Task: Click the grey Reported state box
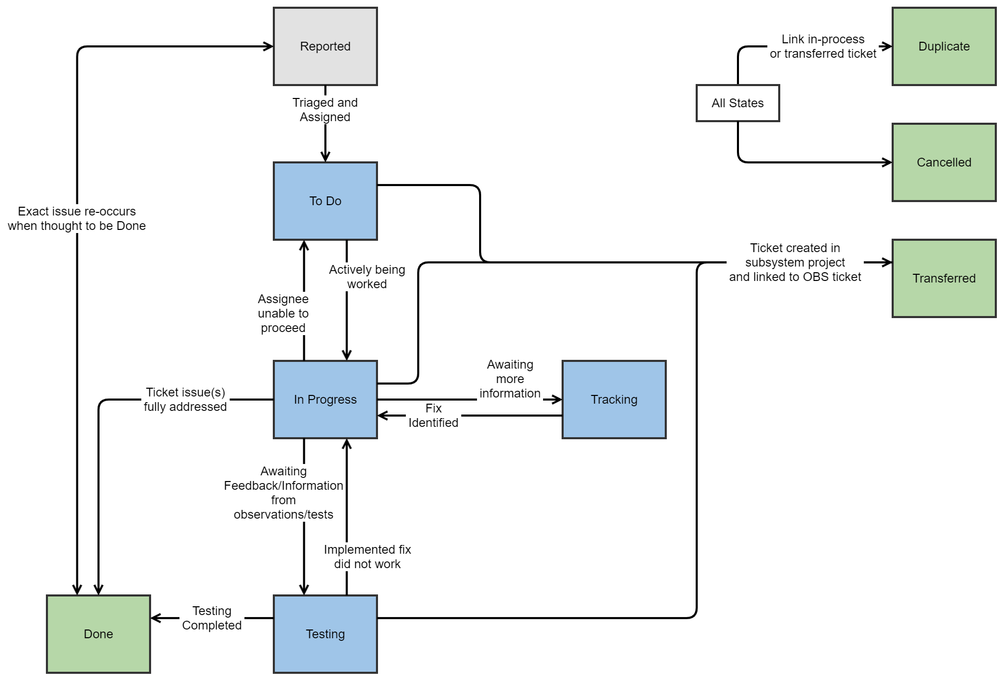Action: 325,46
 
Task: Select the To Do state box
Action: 325,201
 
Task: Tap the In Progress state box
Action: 325,400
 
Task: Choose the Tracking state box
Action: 614,400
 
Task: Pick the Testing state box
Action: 325,634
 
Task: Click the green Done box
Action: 98,634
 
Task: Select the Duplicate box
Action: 944,46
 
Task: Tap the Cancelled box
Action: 944,162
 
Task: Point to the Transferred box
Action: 944,278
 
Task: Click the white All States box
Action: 737,103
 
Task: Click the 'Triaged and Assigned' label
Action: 325,110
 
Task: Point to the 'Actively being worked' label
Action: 367,277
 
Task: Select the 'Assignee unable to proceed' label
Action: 283,313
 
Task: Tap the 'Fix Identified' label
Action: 433,416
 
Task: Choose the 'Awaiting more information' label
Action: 510,379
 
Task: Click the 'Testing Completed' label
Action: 211,618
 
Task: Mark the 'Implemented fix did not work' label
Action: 367,557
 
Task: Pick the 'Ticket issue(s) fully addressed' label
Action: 185,400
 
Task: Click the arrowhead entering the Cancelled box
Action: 888,162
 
